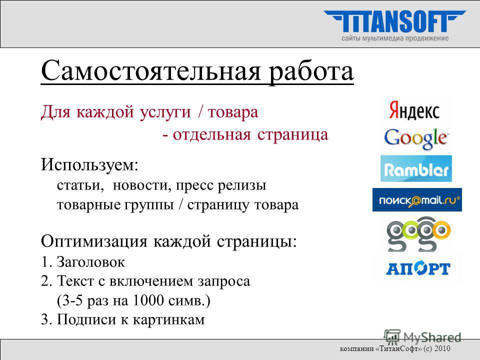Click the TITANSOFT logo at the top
click(395, 21)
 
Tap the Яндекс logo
click(414, 110)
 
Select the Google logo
click(416, 138)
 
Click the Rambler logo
click(416, 168)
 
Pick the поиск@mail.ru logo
click(417, 200)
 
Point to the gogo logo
click(418, 234)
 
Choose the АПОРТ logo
click(418, 269)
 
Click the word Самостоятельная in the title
click(150, 71)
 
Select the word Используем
click(89, 165)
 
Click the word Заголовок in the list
click(90, 262)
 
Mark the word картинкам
click(168, 319)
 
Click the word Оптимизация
click(94, 241)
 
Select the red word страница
click(292, 135)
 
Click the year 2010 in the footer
click(442, 348)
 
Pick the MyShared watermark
click(422, 337)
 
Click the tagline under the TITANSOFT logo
click(395, 38)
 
